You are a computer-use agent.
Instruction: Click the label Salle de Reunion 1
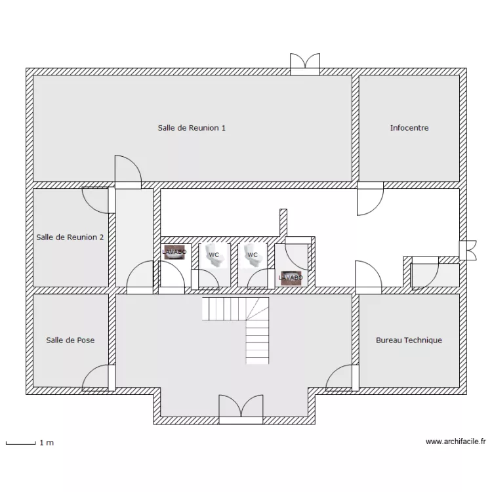pos(192,128)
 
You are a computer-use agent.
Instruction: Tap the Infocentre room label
pos(409,128)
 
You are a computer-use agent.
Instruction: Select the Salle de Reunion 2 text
pos(70,237)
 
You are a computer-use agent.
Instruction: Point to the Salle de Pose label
pos(70,340)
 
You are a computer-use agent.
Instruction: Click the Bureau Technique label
pos(409,340)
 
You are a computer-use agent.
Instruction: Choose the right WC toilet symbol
pos(253,255)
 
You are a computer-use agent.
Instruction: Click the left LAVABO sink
pos(174,252)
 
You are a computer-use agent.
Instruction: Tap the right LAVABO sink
pos(291,278)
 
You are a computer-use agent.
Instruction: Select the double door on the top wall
pos(305,64)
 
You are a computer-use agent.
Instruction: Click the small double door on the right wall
pos(468,250)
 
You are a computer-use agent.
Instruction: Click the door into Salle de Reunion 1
pos(128,172)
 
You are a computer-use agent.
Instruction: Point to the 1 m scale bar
pos(21,443)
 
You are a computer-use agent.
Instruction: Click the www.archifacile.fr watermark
pos(456,441)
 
